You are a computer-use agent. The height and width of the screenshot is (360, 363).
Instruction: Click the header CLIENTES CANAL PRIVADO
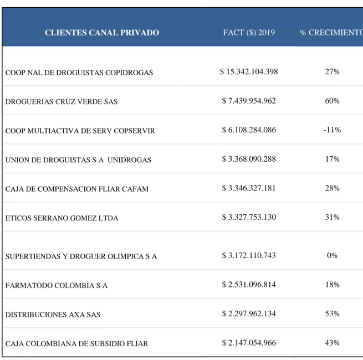(x=102, y=33)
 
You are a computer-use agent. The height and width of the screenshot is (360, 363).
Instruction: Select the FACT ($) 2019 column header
(x=249, y=32)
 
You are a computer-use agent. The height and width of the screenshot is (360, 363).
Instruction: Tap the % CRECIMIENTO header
(x=331, y=33)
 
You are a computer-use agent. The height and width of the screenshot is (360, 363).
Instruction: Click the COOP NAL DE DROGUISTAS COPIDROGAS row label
(x=79, y=73)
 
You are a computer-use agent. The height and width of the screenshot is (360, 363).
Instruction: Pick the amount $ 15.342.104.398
(x=249, y=71)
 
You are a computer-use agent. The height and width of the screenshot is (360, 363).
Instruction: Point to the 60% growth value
(x=332, y=101)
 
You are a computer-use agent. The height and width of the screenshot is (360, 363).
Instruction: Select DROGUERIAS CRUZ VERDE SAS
(x=62, y=102)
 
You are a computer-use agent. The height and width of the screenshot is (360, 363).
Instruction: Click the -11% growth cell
(x=332, y=130)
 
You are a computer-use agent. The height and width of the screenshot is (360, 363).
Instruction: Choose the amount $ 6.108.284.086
(x=249, y=130)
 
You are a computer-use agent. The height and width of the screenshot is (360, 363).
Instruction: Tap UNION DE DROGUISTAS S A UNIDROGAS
(x=78, y=160)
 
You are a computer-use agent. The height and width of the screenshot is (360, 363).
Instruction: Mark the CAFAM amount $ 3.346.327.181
(x=249, y=188)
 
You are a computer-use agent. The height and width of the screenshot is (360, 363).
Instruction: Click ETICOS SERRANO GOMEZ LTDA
(x=62, y=218)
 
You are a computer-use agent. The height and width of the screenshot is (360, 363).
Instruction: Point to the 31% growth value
(x=332, y=217)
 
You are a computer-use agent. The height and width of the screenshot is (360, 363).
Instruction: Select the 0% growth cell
(x=332, y=255)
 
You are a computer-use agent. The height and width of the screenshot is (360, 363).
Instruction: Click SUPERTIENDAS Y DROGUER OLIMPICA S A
(x=81, y=256)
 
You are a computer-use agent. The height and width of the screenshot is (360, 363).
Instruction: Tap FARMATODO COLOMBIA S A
(x=57, y=285)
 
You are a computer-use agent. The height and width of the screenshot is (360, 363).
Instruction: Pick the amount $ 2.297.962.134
(x=249, y=313)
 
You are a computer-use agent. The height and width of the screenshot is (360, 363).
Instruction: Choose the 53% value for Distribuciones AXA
(x=332, y=313)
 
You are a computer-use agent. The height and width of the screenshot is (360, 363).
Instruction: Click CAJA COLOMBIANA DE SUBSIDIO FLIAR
(x=76, y=343)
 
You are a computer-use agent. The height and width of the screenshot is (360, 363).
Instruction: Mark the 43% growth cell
(x=332, y=343)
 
